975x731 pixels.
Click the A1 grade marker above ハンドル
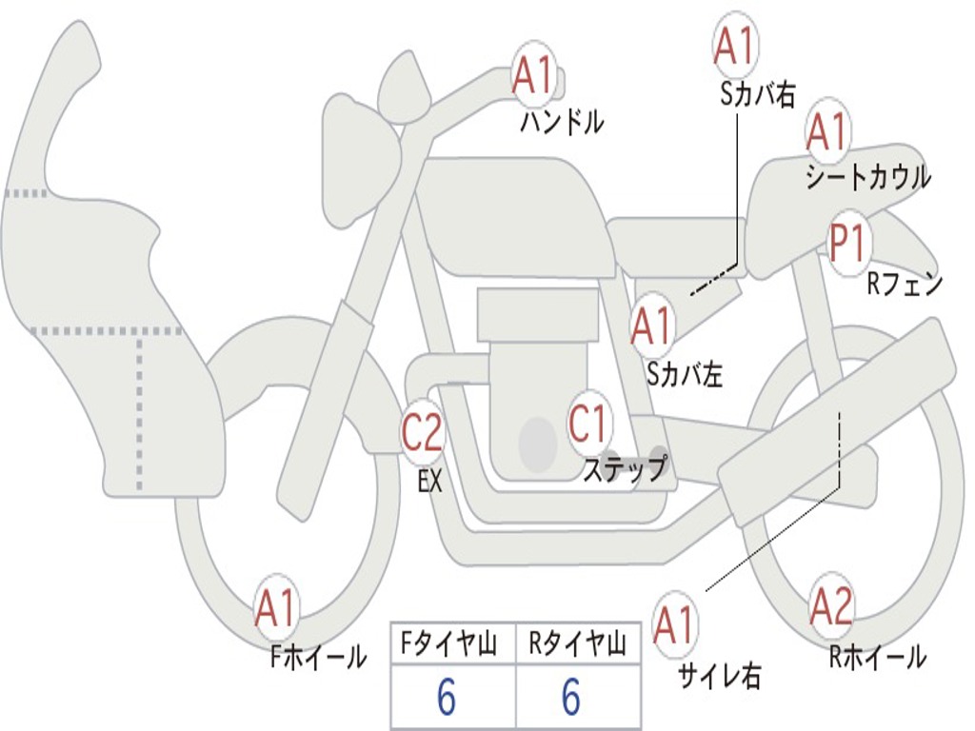[x=533, y=74]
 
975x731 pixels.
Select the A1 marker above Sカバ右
[x=734, y=46]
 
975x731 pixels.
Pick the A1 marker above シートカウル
[x=826, y=131]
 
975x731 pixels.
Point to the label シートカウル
[x=867, y=178]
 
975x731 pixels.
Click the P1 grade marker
[x=846, y=244]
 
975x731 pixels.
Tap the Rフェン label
[x=904, y=284]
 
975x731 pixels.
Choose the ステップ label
[x=625, y=469]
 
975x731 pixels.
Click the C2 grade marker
[x=422, y=433]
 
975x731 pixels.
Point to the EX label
[x=430, y=481]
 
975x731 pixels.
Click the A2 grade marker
[x=831, y=605]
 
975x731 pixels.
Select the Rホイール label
[x=877, y=657]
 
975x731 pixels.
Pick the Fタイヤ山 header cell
[x=452, y=646]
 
